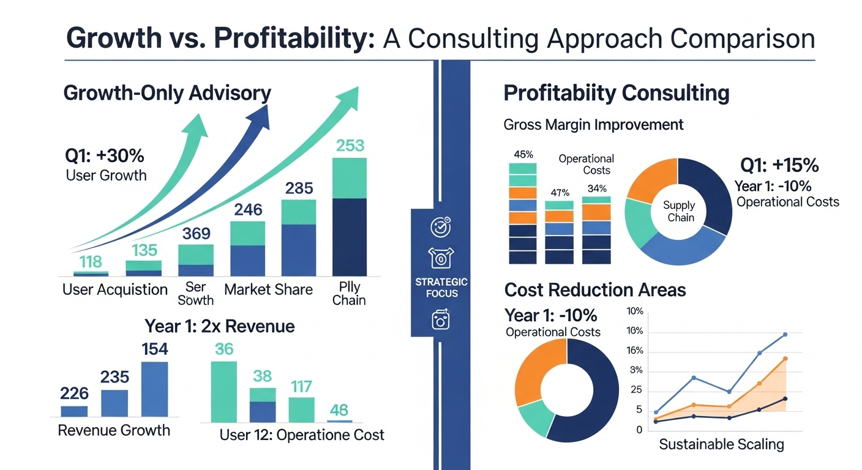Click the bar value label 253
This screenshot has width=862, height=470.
350,146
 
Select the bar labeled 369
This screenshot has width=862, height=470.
196,261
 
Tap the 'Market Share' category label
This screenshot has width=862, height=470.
268,289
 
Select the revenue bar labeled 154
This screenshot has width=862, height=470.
154,389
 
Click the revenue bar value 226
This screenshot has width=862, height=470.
74,393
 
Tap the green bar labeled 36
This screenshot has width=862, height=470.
223,392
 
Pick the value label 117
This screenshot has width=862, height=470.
301,386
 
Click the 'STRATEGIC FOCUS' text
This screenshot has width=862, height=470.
441,288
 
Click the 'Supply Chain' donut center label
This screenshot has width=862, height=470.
679,212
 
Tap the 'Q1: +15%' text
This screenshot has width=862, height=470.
779,166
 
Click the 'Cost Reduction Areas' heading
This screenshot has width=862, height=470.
594,289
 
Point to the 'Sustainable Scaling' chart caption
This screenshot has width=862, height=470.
721,444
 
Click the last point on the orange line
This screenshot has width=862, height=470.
785,359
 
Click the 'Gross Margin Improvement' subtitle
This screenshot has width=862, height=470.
593,125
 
